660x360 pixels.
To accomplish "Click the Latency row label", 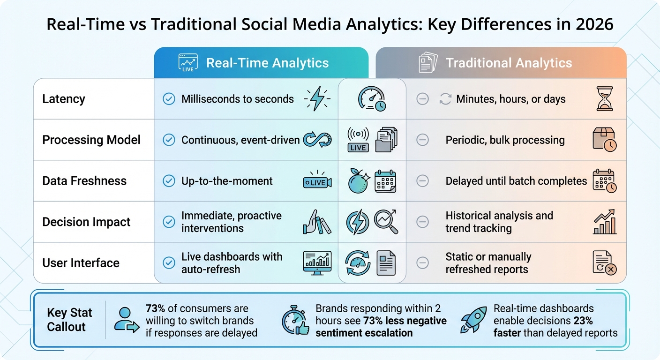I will [64, 99].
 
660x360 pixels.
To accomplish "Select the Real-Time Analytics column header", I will [267, 63].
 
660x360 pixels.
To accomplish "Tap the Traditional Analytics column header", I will [509, 63].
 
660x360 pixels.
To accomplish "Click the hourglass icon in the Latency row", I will [604, 99].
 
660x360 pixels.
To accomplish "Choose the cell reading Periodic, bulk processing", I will [505, 140].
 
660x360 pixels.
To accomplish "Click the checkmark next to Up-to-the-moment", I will [169, 181].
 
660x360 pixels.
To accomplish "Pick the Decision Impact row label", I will [86, 222].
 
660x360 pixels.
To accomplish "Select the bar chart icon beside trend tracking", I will [604, 223].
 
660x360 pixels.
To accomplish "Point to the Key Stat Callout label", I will [69, 320].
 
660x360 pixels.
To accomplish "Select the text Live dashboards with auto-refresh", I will [232, 263].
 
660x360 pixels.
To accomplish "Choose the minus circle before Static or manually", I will [422, 263].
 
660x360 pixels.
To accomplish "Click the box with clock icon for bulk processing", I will [604, 140].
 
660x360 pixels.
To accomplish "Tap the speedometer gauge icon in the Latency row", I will [372, 99].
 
